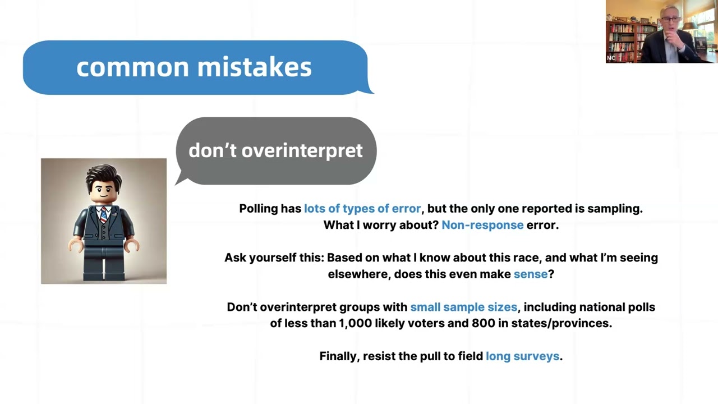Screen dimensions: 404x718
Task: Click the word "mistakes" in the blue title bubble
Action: [x=254, y=67]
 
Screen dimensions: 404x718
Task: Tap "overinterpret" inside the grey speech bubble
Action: [x=302, y=150]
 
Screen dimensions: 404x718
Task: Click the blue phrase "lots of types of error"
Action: [x=362, y=209]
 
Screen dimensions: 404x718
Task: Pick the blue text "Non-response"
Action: [x=482, y=225]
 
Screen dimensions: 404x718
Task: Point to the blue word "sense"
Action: [x=530, y=274]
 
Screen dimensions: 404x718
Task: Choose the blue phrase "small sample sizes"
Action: [x=463, y=307]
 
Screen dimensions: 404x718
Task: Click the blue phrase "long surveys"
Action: [x=522, y=356]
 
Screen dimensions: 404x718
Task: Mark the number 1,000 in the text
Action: [x=356, y=323]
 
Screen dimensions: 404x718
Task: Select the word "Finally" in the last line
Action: [x=338, y=356]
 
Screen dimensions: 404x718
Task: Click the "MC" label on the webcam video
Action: [x=611, y=58]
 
